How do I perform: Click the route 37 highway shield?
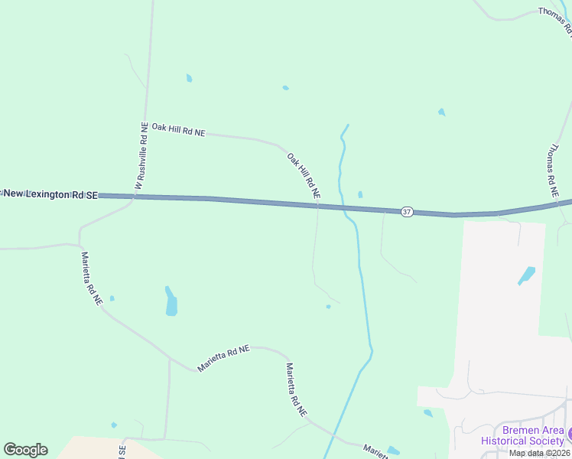[x=407, y=211]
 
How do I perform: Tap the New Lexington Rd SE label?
[x=50, y=195]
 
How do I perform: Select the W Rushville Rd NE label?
[x=141, y=156]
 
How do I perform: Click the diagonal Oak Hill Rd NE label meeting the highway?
[x=304, y=177]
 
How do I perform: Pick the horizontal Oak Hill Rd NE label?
[x=178, y=129]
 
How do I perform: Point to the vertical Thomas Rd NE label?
[x=551, y=166]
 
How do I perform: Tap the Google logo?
[x=25, y=450]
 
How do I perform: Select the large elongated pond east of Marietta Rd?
[x=171, y=301]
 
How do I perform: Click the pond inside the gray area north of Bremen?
[x=527, y=275]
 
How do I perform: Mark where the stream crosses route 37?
[x=343, y=207]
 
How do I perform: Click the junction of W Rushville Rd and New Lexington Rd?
[x=135, y=197]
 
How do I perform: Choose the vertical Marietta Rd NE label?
[x=92, y=278]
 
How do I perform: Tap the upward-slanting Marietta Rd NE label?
[x=223, y=358]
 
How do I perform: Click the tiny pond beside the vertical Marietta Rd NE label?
[x=112, y=298]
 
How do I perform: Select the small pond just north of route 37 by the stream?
[x=360, y=194]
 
